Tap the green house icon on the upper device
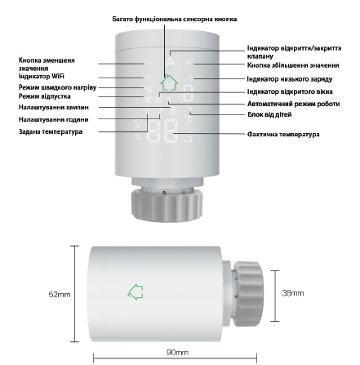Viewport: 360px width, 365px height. (x=169, y=82)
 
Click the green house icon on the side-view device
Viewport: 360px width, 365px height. (x=136, y=291)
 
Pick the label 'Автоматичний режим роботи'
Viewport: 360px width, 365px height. (x=293, y=105)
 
